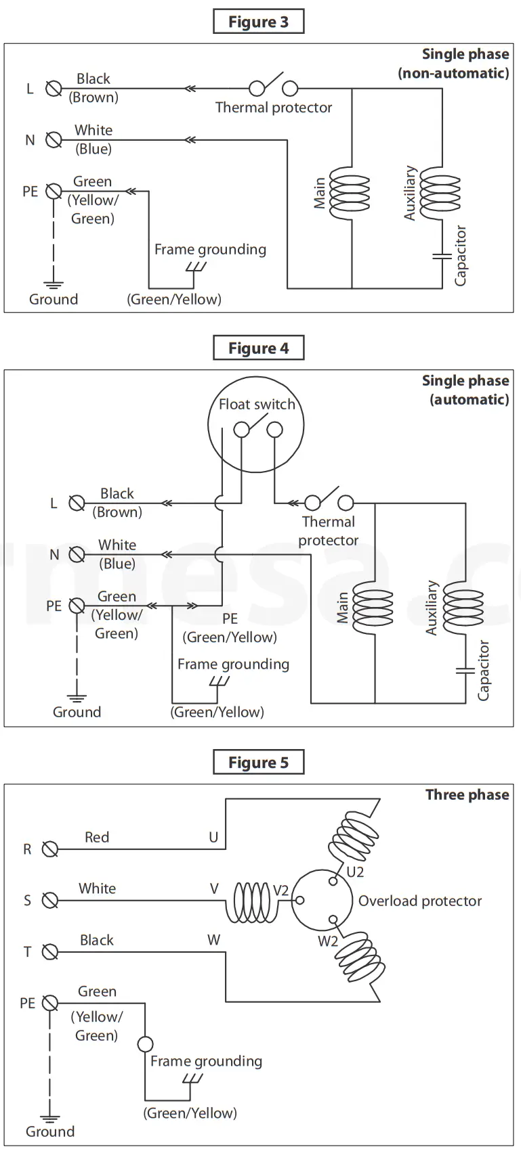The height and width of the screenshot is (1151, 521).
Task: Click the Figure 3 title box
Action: (x=258, y=22)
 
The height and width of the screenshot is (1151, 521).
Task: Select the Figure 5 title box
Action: (x=258, y=763)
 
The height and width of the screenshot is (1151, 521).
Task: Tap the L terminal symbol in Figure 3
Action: (x=54, y=89)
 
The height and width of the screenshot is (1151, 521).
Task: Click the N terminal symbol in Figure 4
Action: (x=77, y=555)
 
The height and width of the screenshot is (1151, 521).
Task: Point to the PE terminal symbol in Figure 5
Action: (x=50, y=1003)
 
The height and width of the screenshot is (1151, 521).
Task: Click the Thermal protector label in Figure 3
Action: (x=274, y=108)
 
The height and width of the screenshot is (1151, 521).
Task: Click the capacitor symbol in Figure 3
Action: (x=442, y=256)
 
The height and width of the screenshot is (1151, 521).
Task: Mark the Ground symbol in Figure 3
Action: (x=54, y=286)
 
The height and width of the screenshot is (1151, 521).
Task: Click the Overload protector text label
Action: (x=420, y=901)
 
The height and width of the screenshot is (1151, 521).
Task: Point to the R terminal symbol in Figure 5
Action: (x=50, y=849)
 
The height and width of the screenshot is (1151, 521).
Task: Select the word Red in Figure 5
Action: (x=97, y=838)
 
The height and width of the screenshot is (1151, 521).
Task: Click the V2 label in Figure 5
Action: (x=280, y=890)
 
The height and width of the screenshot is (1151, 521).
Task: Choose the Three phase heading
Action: (x=467, y=795)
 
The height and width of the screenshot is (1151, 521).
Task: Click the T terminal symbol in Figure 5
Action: (x=50, y=952)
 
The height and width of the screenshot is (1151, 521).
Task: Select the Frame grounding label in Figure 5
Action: (x=206, y=1061)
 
